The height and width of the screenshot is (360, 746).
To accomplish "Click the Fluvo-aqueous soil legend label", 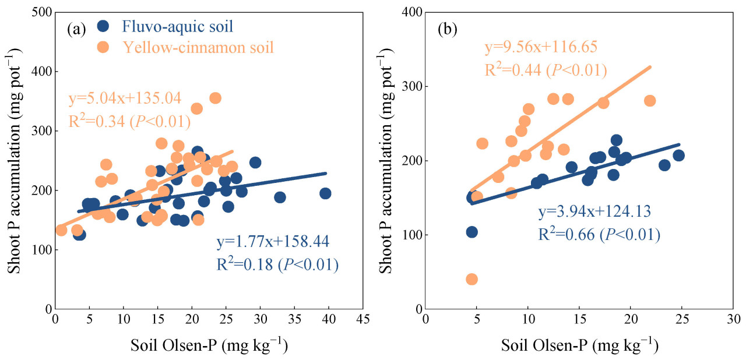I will (x=177, y=26).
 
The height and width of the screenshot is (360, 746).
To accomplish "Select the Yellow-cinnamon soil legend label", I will (x=198, y=47).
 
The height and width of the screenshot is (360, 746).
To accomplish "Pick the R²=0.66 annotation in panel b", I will (x=599, y=235).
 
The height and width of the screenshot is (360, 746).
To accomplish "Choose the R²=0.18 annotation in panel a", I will (x=277, y=265).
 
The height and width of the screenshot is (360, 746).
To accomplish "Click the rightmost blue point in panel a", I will (x=325, y=193).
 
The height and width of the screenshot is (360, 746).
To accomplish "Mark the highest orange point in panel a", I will (x=215, y=98).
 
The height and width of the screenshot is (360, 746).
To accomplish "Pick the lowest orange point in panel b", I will (x=472, y=280).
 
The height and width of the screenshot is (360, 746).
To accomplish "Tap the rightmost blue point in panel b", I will (x=678, y=155).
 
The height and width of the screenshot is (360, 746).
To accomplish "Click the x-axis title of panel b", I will (x=579, y=345).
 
